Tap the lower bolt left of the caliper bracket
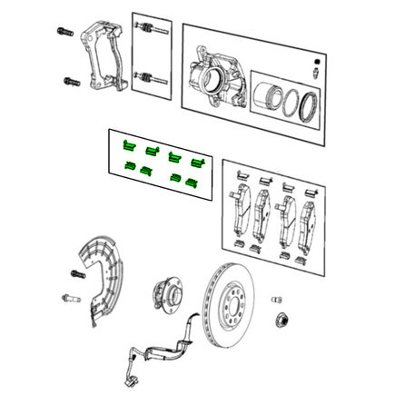[x=72, y=82]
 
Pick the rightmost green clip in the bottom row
[x=192, y=181]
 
